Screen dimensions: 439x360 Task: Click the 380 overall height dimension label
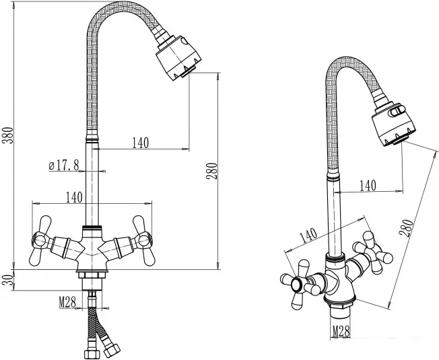pyautogui.click(x=7, y=135)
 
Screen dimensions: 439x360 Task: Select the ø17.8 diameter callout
pyautogui.click(x=63, y=166)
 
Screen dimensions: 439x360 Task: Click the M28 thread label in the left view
pyautogui.click(x=67, y=302)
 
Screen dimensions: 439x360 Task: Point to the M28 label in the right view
pyautogui.click(x=341, y=332)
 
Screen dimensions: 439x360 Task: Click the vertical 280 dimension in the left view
pyautogui.click(x=212, y=171)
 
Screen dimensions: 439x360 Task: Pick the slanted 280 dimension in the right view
pyautogui.click(x=406, y=228)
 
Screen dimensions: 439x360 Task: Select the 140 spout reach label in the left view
pyautogui.click(x=140, y=143)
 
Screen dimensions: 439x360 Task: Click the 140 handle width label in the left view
pyautogui.click(x=74, y=197)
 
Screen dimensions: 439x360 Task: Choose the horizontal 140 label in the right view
pyautogui.click(x=368, y=186)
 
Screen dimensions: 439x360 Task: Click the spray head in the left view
pyautogui.click(x=178, y=58)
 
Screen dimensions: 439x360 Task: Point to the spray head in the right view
pyautogui.click(x=393, y=124)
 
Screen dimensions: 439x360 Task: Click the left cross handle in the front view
pyautogui.click(x=41, y=241)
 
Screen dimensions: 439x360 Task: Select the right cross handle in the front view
pyautogui.click(x=143, y=241)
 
